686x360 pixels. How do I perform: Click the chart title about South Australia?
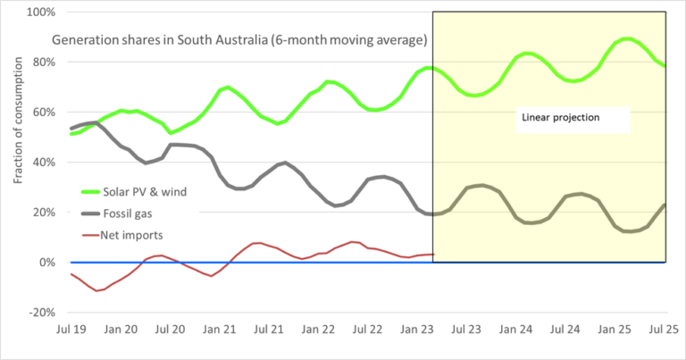point(239,40)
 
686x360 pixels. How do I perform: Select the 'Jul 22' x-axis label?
point(369,330)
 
